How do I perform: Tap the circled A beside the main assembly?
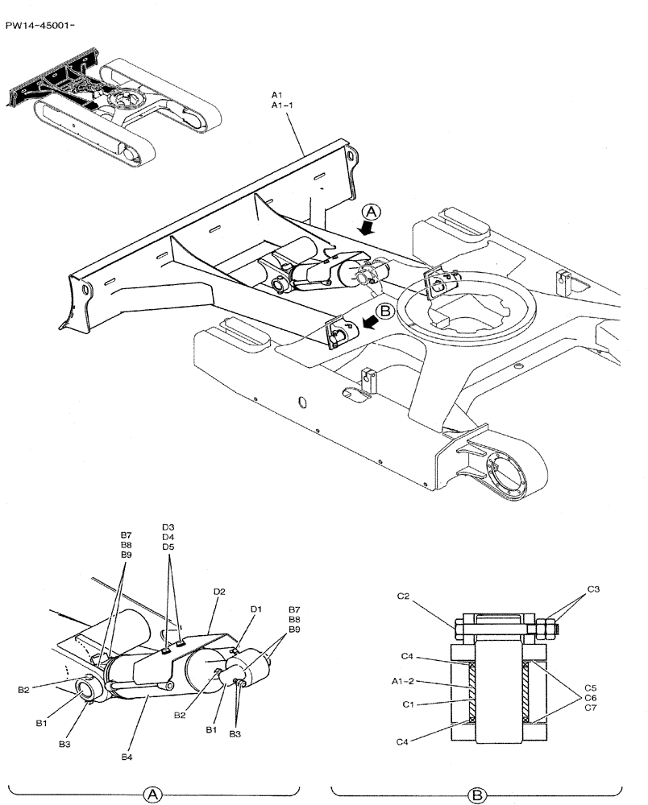371,211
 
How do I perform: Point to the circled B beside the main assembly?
384,310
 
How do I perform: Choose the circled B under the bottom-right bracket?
478,795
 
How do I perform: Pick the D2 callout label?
219,592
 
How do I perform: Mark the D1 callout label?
255,609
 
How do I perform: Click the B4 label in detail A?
127,757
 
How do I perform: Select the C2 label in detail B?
404,597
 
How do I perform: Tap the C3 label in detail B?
593,590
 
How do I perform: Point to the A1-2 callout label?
403,681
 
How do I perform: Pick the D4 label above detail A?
168,537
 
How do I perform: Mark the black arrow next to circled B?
372,324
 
